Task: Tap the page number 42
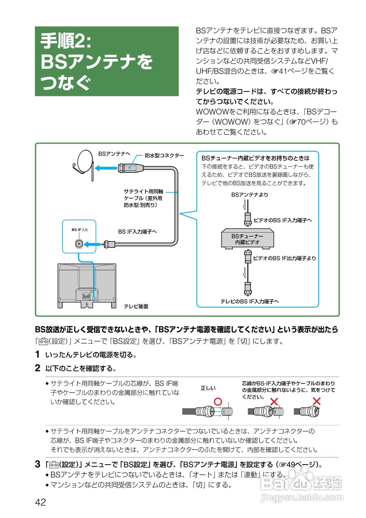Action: tap(40, 502)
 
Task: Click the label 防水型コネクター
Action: tap(164, 155)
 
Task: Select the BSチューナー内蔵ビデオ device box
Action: tap(247, 239)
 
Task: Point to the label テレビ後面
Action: tap(136, 306)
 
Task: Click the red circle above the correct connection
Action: tap(218, 401)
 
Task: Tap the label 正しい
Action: tap(208, 388)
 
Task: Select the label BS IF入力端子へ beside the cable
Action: tap(137, 231)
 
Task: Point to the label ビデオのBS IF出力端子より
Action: tap(285, 258)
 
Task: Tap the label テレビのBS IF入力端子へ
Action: tap(249, 301)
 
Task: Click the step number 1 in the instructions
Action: tap(37, 355)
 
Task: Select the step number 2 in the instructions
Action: tap(37, 368)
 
